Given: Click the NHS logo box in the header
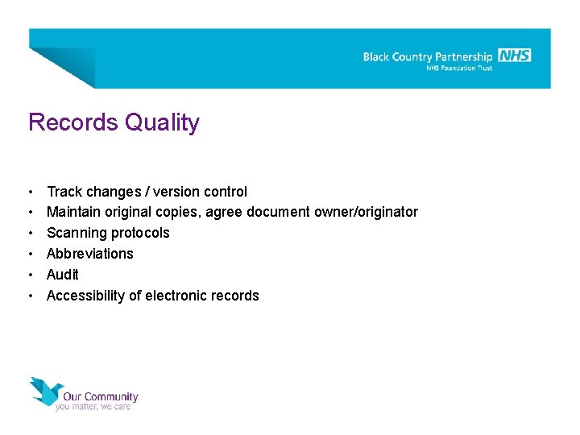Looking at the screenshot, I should click(x=515, y=55).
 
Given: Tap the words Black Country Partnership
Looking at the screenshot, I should click(x=427, y=57).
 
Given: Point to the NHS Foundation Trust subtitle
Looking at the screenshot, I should click(x=459, y=68).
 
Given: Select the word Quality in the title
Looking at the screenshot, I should click(x=162, y=123).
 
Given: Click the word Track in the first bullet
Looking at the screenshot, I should click(x=64, y=192).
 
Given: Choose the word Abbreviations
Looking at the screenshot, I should click(x=90, y=254).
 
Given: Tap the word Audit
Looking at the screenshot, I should click(x=63, y=275).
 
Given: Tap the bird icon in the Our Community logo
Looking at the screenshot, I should click(x=45, y=391).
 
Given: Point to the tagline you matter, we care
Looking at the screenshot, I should click(x=93, y=407).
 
